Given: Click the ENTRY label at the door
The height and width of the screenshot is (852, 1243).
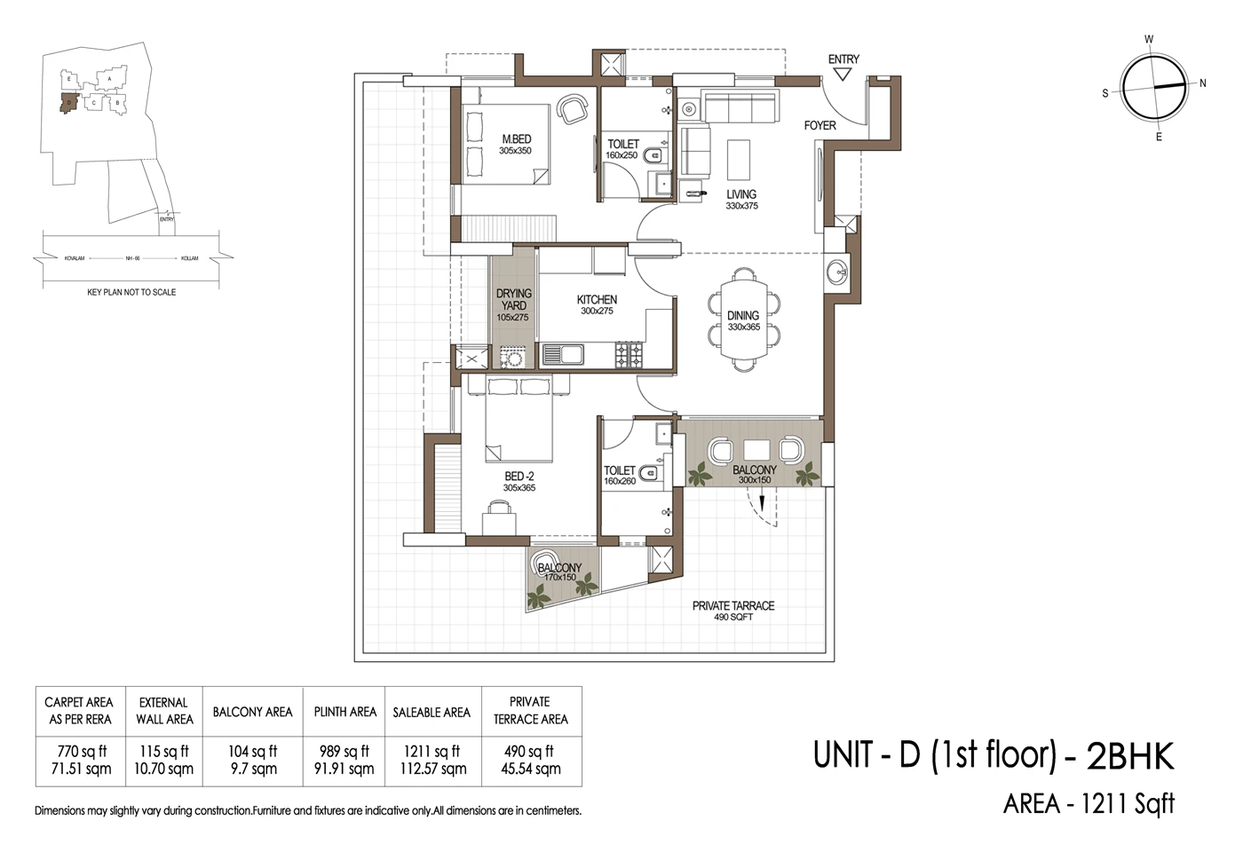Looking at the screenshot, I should (x=843, y=59).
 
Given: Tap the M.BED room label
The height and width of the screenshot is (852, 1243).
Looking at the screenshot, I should (x=516, y=139).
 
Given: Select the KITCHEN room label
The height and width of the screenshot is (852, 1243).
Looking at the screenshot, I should (x=597, y=300).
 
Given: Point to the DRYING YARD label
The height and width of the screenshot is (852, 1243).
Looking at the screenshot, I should (x=513, y=299).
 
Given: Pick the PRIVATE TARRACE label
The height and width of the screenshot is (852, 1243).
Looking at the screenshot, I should (x=733, y=606).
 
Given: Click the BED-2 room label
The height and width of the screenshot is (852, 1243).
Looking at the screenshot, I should (x=519, y=477).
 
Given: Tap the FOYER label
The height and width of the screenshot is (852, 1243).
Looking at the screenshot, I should (x=819, y=125).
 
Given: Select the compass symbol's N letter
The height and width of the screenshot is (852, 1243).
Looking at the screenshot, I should (x=1203, y=83).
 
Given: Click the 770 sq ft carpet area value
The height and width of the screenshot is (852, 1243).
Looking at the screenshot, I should (x=80, y=751).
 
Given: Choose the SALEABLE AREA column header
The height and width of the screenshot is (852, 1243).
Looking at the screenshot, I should (x=431, y=712).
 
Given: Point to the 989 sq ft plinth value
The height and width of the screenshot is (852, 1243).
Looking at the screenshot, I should (x=344, y=751).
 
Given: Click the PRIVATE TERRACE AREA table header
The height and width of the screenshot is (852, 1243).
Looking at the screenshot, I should (x=530, y=710).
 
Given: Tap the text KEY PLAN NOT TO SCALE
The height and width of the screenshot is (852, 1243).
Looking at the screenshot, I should (x=131, y=292).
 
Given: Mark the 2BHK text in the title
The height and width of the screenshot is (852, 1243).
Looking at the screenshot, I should (x=1129, y=756).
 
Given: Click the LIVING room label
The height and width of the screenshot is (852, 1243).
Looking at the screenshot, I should (x=741, y=194).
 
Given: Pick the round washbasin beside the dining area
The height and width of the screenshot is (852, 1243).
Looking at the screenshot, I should (x=836, y=271).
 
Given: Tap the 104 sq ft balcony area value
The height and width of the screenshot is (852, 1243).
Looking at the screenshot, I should (x=252, y=751).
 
